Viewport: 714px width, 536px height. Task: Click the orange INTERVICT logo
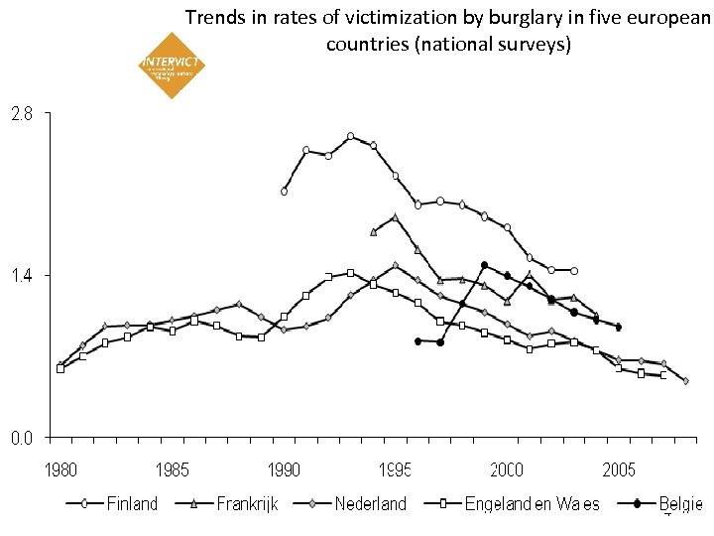tap(173, 66)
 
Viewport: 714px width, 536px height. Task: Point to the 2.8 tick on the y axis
tap(21, 113)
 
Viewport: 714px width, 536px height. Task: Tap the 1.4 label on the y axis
tap(21, 275)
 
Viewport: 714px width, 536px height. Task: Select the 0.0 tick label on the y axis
tap(21, 437)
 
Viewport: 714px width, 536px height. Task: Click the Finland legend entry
tap(130, 504)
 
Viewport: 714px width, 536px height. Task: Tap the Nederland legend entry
tap(370, 504)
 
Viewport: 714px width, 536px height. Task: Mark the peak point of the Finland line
tap(351, 136)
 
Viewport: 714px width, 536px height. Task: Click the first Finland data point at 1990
tap(284, 192)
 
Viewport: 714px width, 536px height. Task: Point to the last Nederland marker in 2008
tap(686, 381)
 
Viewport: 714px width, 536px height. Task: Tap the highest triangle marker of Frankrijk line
tap(396, 216)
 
